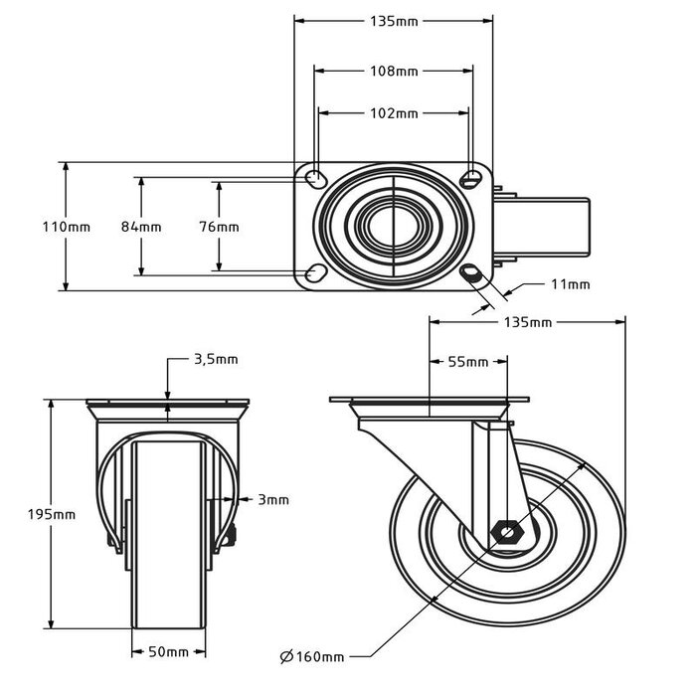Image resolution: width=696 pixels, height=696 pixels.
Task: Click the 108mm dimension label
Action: pos(393,71)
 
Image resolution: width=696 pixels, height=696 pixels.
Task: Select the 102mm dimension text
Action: pos(393,113)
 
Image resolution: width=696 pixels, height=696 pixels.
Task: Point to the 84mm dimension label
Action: pos(141,227)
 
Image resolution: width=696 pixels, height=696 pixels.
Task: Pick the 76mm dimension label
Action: pos(219,227)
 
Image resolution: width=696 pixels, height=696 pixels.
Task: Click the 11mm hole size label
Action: pos(571,284)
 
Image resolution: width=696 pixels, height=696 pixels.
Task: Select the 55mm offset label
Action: pos(468,362)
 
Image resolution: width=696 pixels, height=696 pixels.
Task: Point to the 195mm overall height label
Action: pos(51,514)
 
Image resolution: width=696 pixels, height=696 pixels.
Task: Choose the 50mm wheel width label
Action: pos(169,652)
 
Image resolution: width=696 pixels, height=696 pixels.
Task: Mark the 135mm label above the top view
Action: pos(393,21)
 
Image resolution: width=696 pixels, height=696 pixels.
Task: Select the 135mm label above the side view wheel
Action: pos(527,322)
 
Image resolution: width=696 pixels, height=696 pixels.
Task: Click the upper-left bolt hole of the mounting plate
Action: pos(314,179)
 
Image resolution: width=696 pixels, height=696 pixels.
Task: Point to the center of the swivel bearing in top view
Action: pos(394,227)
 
